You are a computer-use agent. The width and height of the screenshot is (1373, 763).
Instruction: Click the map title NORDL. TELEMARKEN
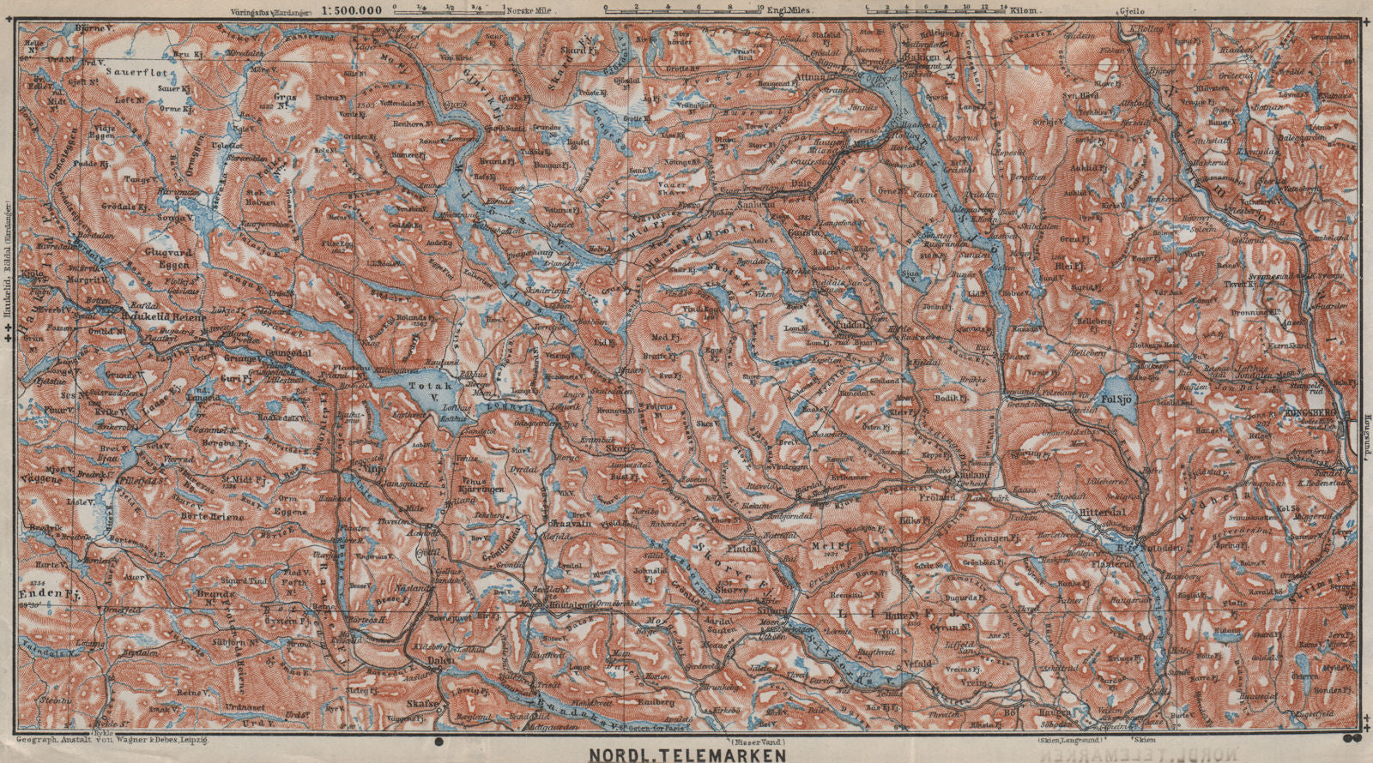686,755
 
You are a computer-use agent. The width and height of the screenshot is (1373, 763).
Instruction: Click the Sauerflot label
145,74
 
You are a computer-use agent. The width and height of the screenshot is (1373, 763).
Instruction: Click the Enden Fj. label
44,592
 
